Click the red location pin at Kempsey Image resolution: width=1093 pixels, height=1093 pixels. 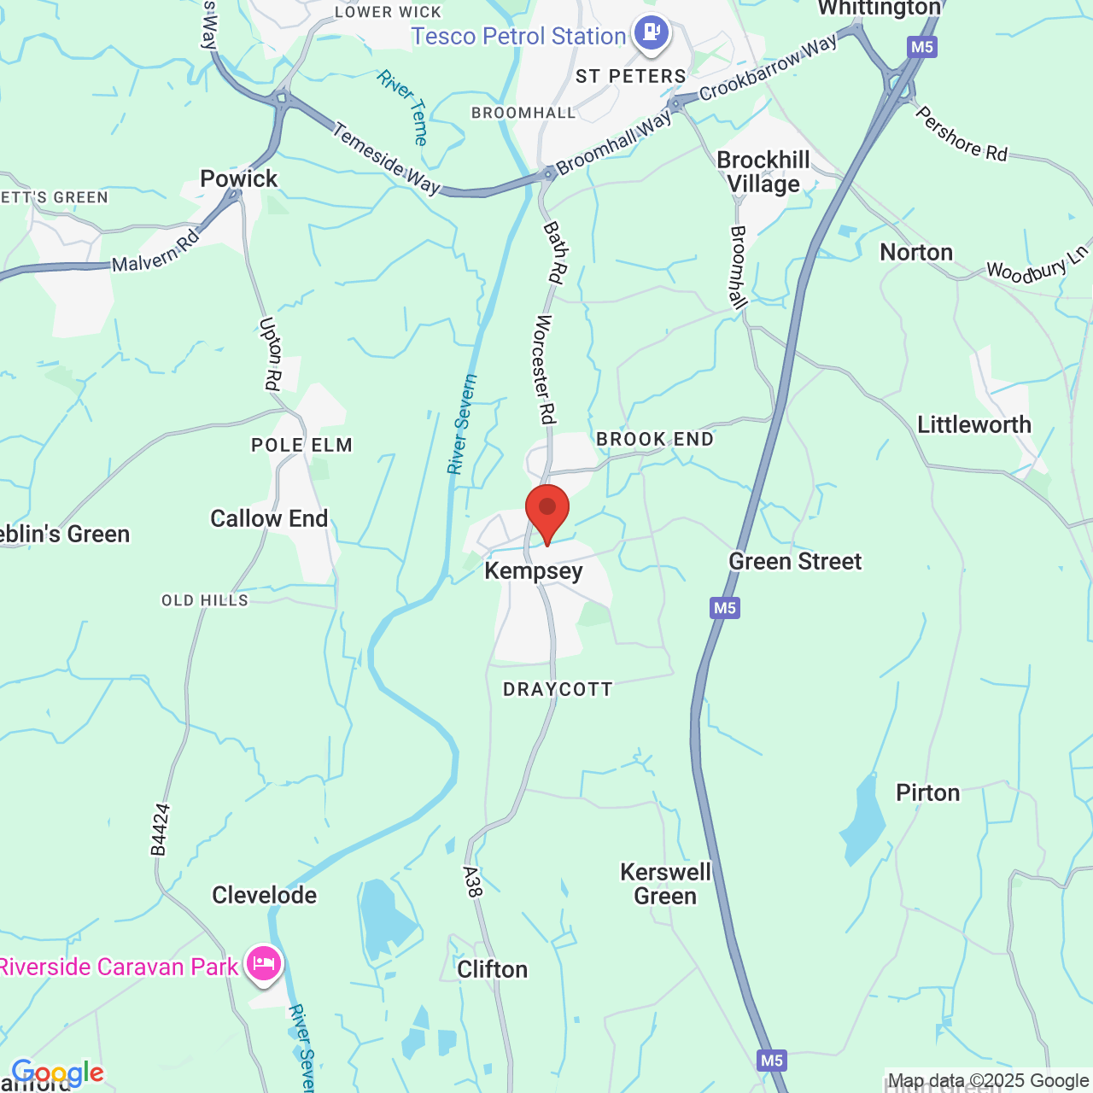tap(547, 510)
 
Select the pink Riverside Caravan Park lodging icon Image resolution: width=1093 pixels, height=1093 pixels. tap(264, 964)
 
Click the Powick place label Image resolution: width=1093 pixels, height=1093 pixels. tap(239, 178)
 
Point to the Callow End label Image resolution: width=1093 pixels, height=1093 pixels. tap(269, 518)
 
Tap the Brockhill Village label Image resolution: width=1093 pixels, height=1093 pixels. tap(763, 172)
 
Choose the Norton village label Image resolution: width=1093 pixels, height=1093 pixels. tap(916, 253)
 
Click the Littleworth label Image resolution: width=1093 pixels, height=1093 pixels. tap(974, 424)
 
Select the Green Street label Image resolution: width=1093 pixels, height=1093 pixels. tap(795, 561)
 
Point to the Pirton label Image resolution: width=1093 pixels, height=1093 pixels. tap(927, 792)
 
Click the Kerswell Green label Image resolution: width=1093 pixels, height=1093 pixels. tap(665, 884)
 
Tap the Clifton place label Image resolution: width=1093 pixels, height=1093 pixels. tap(492, 969)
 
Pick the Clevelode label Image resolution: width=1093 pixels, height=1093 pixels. tap(264, 895)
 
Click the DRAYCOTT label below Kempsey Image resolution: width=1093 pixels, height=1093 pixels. tap(558, 689)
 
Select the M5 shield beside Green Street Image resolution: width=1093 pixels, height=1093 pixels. tap(724, 608)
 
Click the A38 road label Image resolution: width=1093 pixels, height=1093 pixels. tap(472, 882)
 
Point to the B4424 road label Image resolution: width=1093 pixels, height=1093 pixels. tap(160, 829)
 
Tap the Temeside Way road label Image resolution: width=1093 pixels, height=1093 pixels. tap(386, 158)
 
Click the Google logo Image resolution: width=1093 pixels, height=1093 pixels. tap(57, 1073)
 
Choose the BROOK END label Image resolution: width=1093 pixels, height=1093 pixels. tap(654, 439)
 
